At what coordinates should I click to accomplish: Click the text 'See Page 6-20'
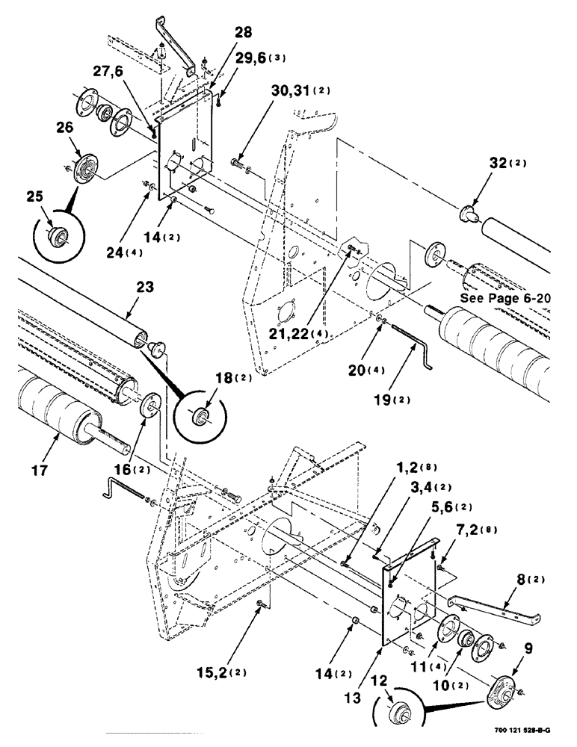pyautogui.click(x=514, y=297)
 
